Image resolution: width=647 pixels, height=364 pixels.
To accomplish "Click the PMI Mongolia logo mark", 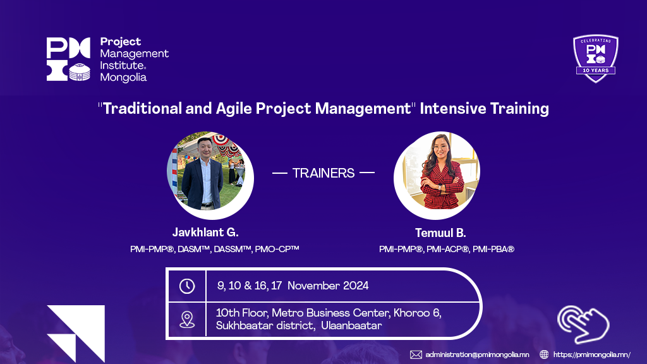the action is (68, 59).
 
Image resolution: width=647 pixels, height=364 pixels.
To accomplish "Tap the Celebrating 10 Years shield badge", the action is (595, 58).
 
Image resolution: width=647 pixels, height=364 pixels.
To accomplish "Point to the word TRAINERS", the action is (323, 173).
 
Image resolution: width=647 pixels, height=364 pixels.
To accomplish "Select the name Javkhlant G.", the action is (205, 233).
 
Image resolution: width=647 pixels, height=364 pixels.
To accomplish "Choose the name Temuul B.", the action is (440, 233).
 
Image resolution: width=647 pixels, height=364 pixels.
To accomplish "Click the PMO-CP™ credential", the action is (277, 249).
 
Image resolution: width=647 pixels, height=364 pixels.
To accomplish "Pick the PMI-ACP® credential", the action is (448, 249).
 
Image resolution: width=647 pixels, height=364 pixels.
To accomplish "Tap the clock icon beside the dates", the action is (187, 286).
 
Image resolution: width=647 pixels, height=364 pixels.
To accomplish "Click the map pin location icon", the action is (187, 320).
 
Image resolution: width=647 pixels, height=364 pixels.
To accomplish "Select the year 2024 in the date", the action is (356, 286).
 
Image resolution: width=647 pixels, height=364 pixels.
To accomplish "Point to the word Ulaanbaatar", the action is (351, 325).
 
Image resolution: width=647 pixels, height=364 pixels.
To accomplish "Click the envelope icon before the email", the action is (416, 355).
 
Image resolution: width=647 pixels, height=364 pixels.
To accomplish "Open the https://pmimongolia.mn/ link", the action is (591, 355).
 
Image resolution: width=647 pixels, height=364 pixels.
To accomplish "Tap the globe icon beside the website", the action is (544, 355).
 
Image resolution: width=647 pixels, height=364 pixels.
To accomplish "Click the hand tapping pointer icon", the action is (583, 324).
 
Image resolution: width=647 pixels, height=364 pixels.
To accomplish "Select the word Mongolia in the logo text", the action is (123, 78).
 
